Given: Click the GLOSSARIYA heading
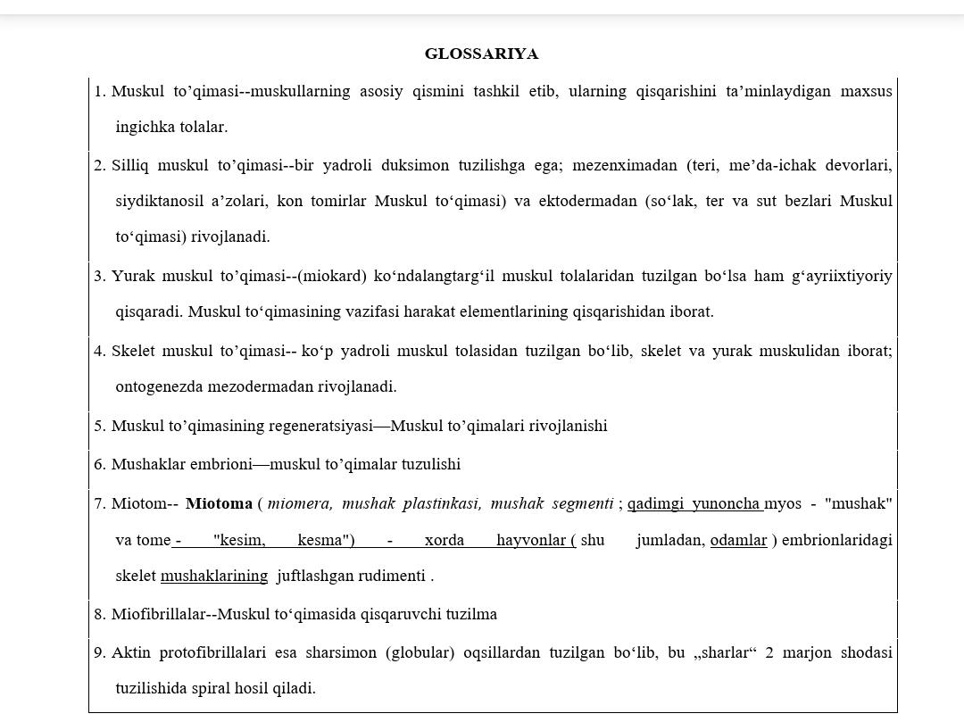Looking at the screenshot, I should click(481, 54).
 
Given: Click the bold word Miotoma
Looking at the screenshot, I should click(219, 504).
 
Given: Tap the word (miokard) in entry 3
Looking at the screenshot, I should click(331, 276).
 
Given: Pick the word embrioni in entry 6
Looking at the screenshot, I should click(220, 464).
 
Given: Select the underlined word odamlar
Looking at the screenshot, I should click(738, 540).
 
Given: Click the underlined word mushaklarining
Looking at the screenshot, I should click(214, 576).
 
